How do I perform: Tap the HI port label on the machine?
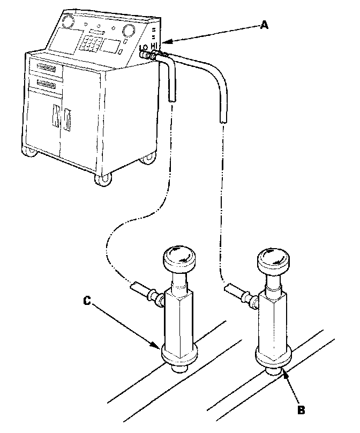tap(155, 47)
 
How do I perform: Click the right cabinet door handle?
tap(67, 121)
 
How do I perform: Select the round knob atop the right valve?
tap(273, 262)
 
